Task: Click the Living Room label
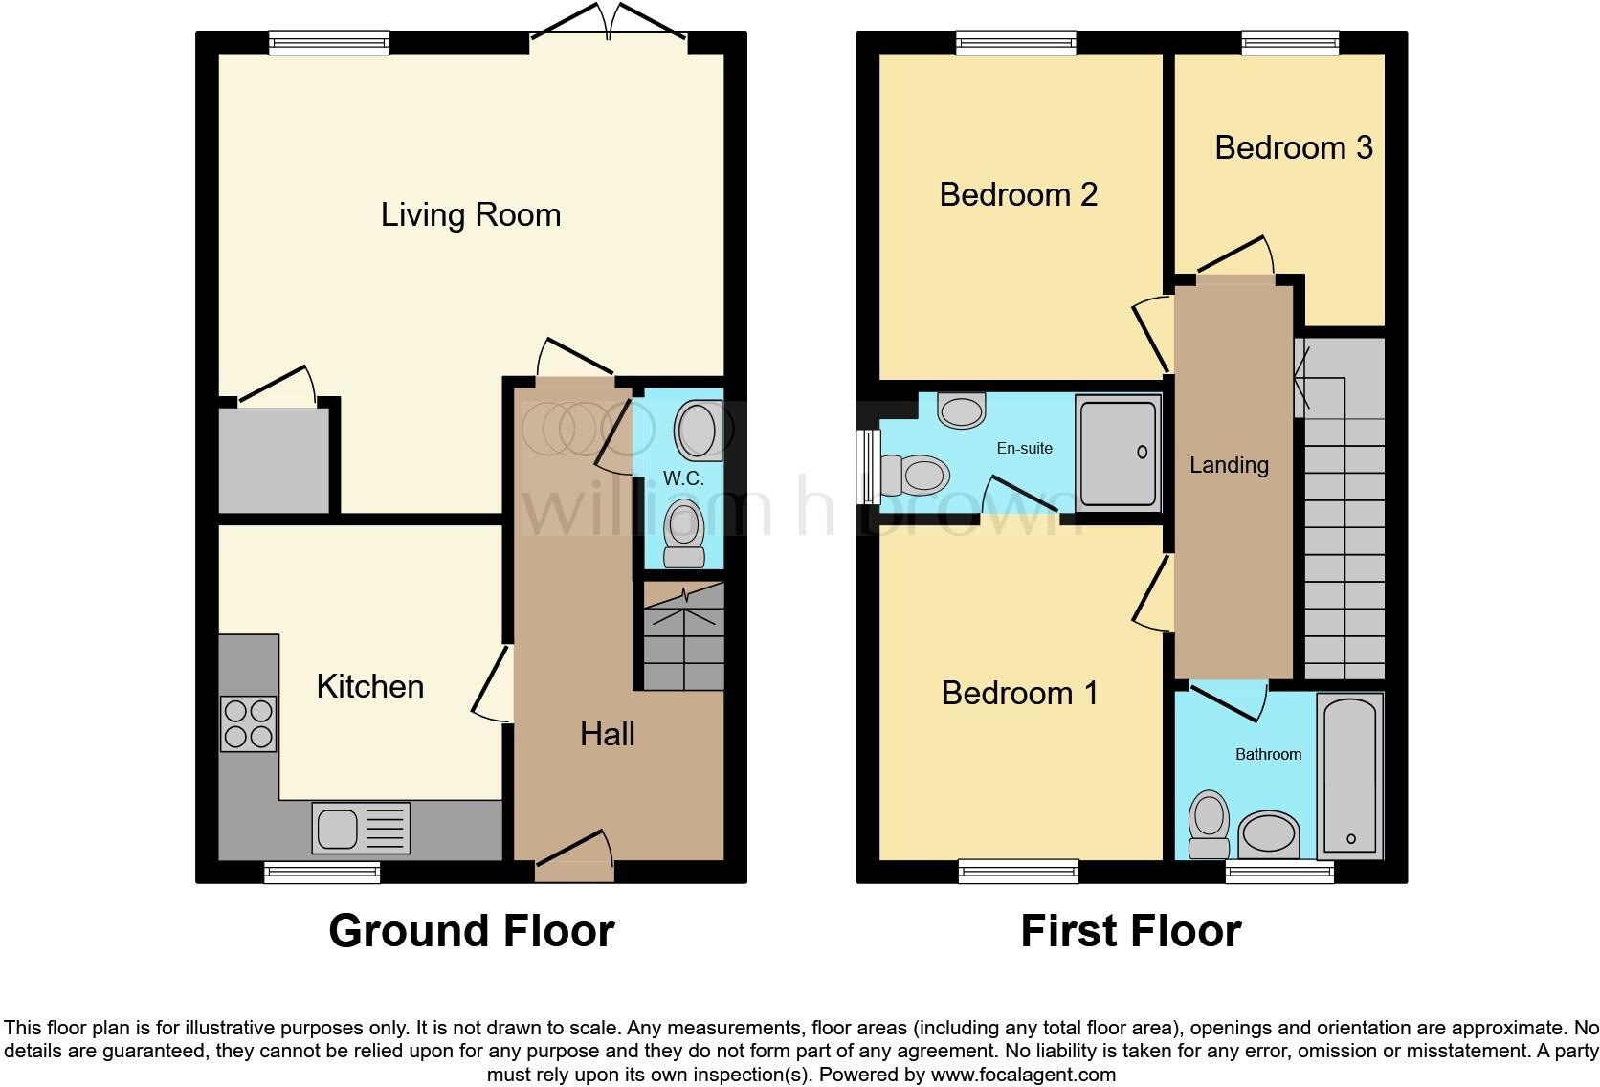pyautogui.click(x=470, y=214)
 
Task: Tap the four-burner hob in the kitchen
pyautogui.click(x=249, y=723)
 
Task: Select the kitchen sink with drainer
pyautogui.click(x=360, y=828)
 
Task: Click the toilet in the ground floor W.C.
pyautogui.click(x=683, y=534)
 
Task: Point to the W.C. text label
pyautogui.click(x=683, y=478)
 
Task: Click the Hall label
pyautogui.click(x=607, y=734)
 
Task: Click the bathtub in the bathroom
pyautogui.click(x=1349, y=775)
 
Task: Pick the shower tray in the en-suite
pyautogui.click(x=1118, y=454)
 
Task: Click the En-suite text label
pyautogui.click(x=1024, y=448)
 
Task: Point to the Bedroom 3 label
pyautogui.click(x=1293, y=147)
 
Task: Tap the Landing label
pyautogui.click(x=1229, y=465)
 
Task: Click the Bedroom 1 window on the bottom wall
pyautogui.click(x=1018, y=871)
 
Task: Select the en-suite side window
pyautogui.click(x=869, y=466)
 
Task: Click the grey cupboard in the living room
pyautogui.click(x=274, y=459)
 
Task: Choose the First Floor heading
pyautogui.click(x=1130, y=931)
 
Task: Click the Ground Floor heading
pyautogui.click(x=471, y=931)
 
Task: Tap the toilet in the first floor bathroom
pyautogui.click(x=1209, y=825)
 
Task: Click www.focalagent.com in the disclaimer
pyautogui.click(x=1023, y=1075)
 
